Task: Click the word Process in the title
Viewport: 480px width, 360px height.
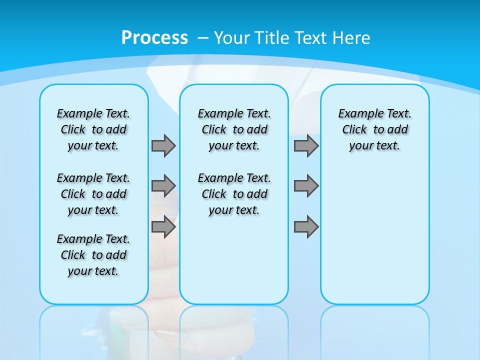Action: (x=154, y=38)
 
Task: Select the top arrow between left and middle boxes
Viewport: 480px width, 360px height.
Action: (x=163, y=145)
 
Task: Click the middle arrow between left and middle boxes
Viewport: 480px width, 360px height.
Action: (x=163, y=186)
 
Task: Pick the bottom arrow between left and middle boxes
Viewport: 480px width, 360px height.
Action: (x=163, y=227)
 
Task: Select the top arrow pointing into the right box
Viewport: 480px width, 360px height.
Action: (x=306, y=145)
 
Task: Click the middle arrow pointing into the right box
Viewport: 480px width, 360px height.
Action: (x=306, y=186)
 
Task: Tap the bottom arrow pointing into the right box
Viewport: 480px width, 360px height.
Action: (x=306, y=227)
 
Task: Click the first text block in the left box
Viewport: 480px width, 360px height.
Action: (x=93, y=129)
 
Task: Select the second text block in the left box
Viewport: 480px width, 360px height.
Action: (x=93, y=194)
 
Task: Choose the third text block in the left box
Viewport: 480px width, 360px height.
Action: (x=93, y=255)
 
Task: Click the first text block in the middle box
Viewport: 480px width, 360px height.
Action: (x=234, y=129)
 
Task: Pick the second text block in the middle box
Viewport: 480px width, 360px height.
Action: (x=234, y=194)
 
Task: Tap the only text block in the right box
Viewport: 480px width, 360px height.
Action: (x=375, y=129)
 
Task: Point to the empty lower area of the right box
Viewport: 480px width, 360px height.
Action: (x=375, y=240)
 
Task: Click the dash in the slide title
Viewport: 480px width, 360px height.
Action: (x=203, y=38)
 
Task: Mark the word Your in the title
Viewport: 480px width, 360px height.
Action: (x=232, y=38)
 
